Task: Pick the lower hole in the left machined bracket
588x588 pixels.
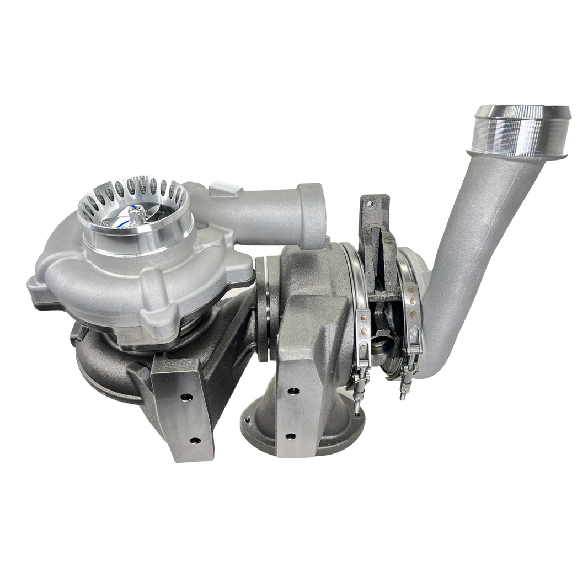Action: [x=194, y=440]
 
